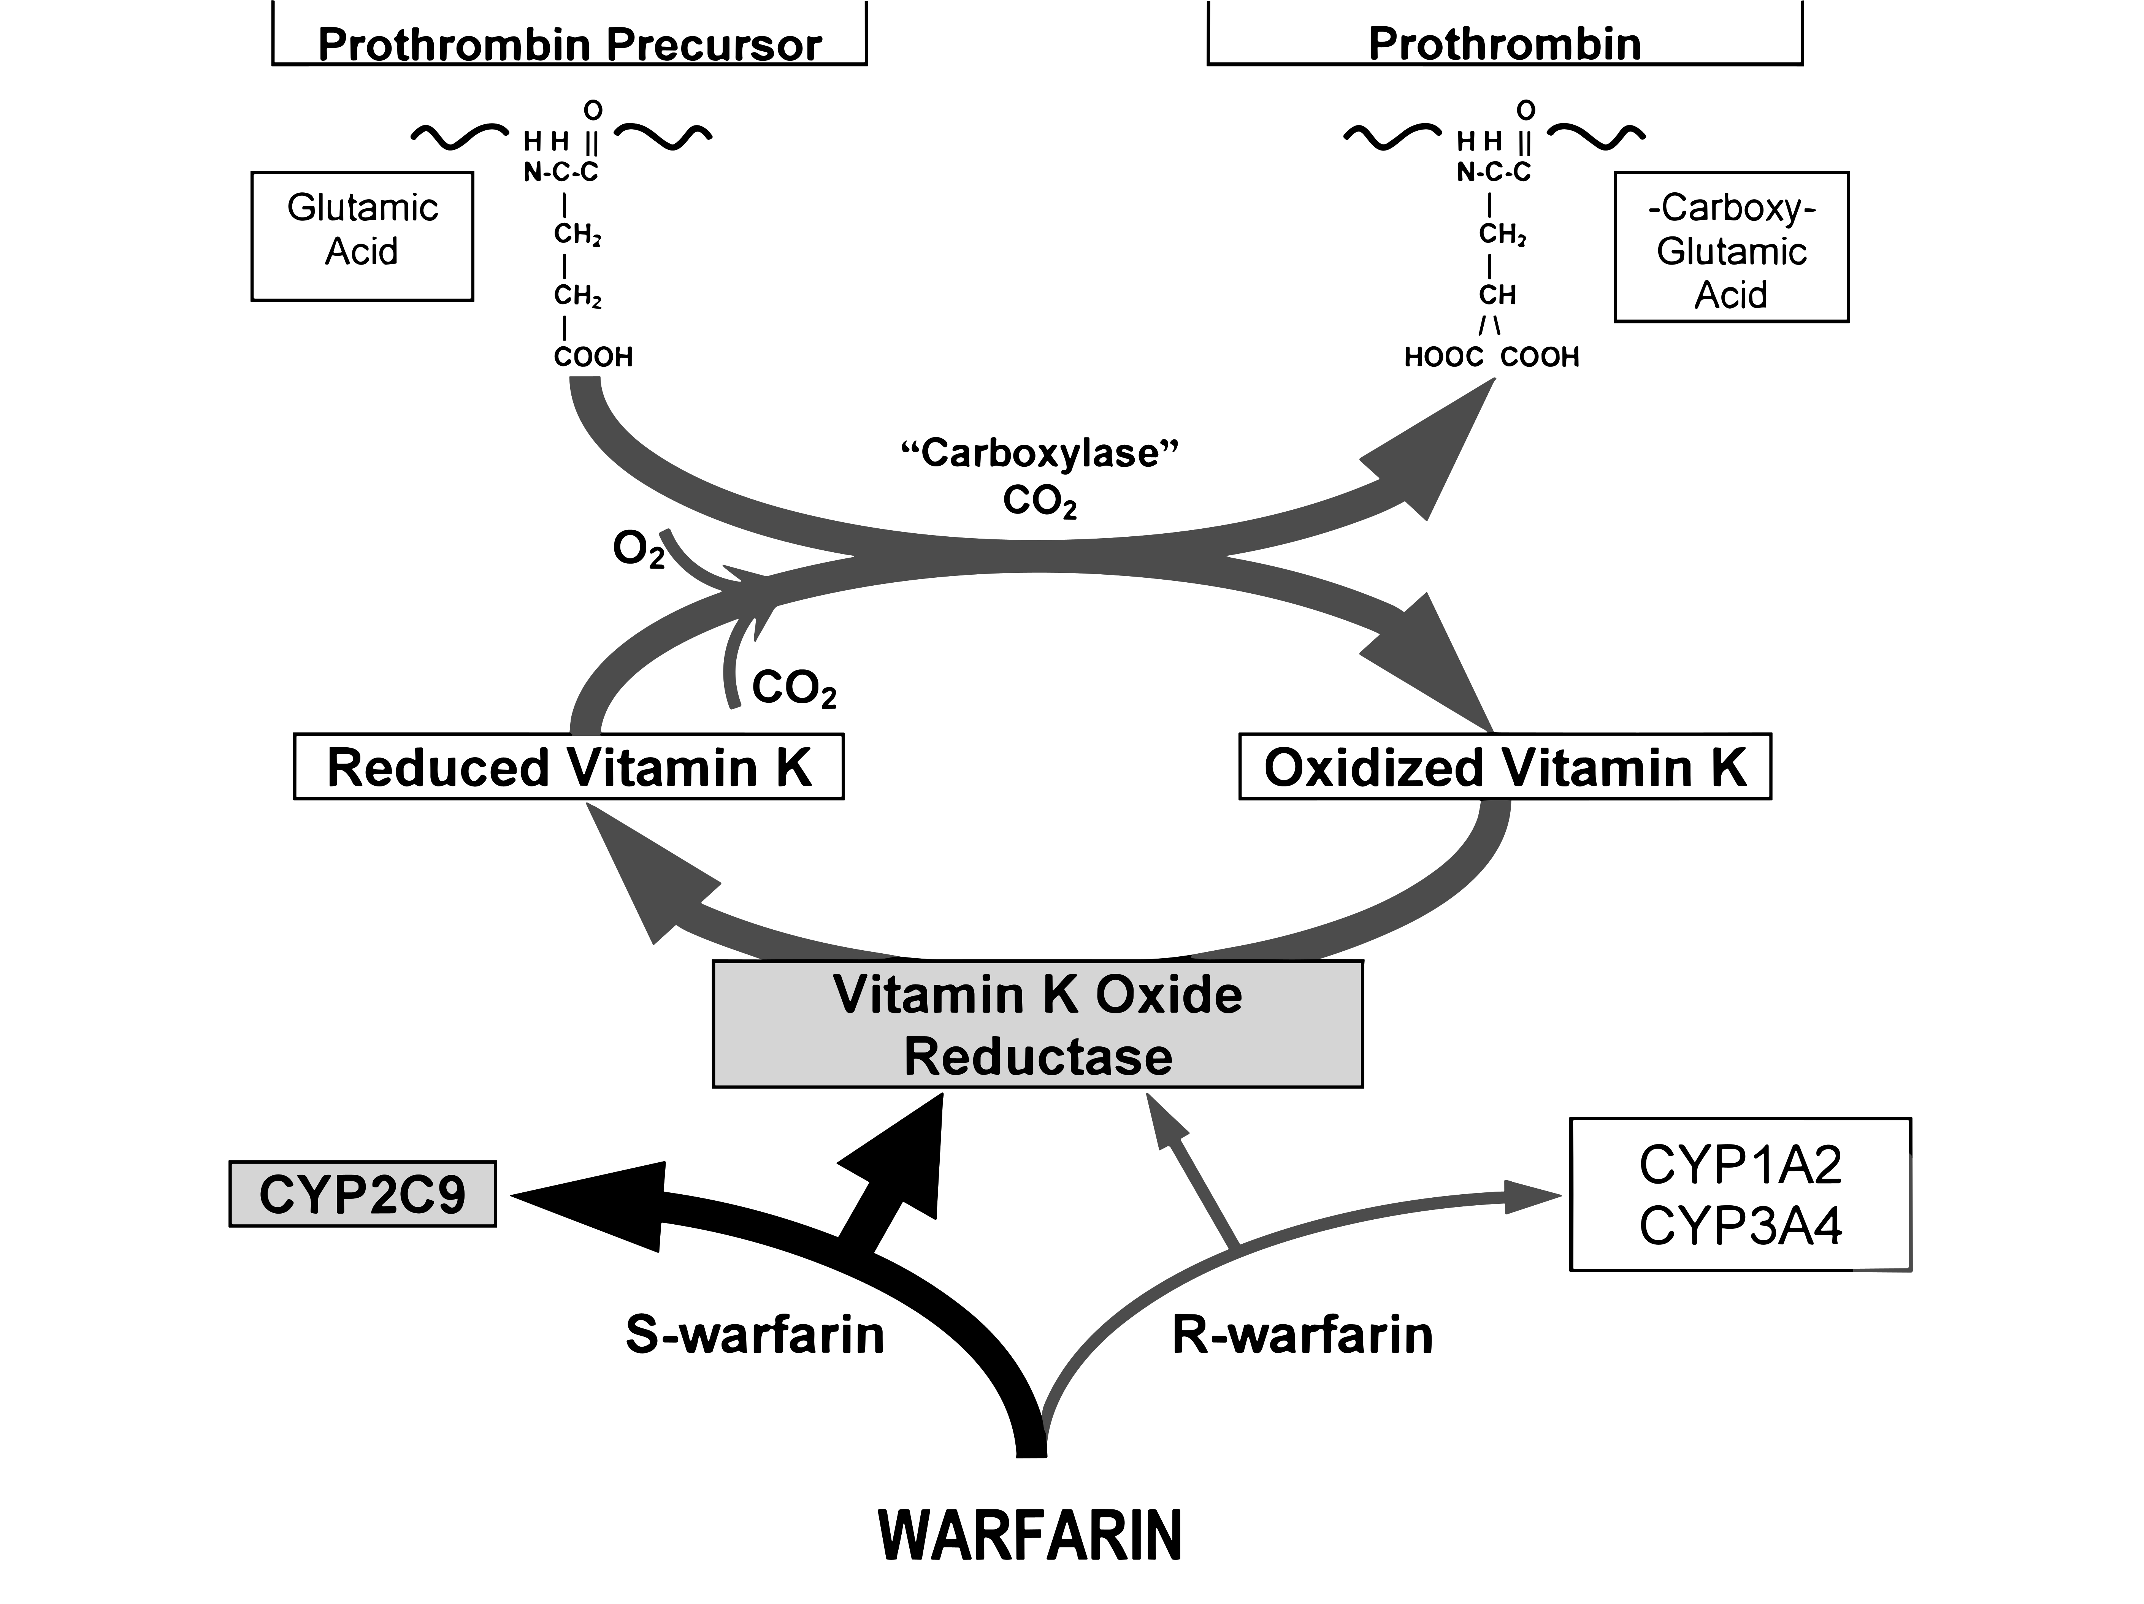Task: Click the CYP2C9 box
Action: (x=363, y=1194)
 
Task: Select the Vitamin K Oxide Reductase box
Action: (x=1037, y=1024)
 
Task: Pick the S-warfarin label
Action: (x=754, y=1335)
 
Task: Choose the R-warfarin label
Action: (x=1302, y=1335)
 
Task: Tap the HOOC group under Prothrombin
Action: (x=1443, y=358)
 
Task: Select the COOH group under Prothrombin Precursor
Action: (x=593, y=358)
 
